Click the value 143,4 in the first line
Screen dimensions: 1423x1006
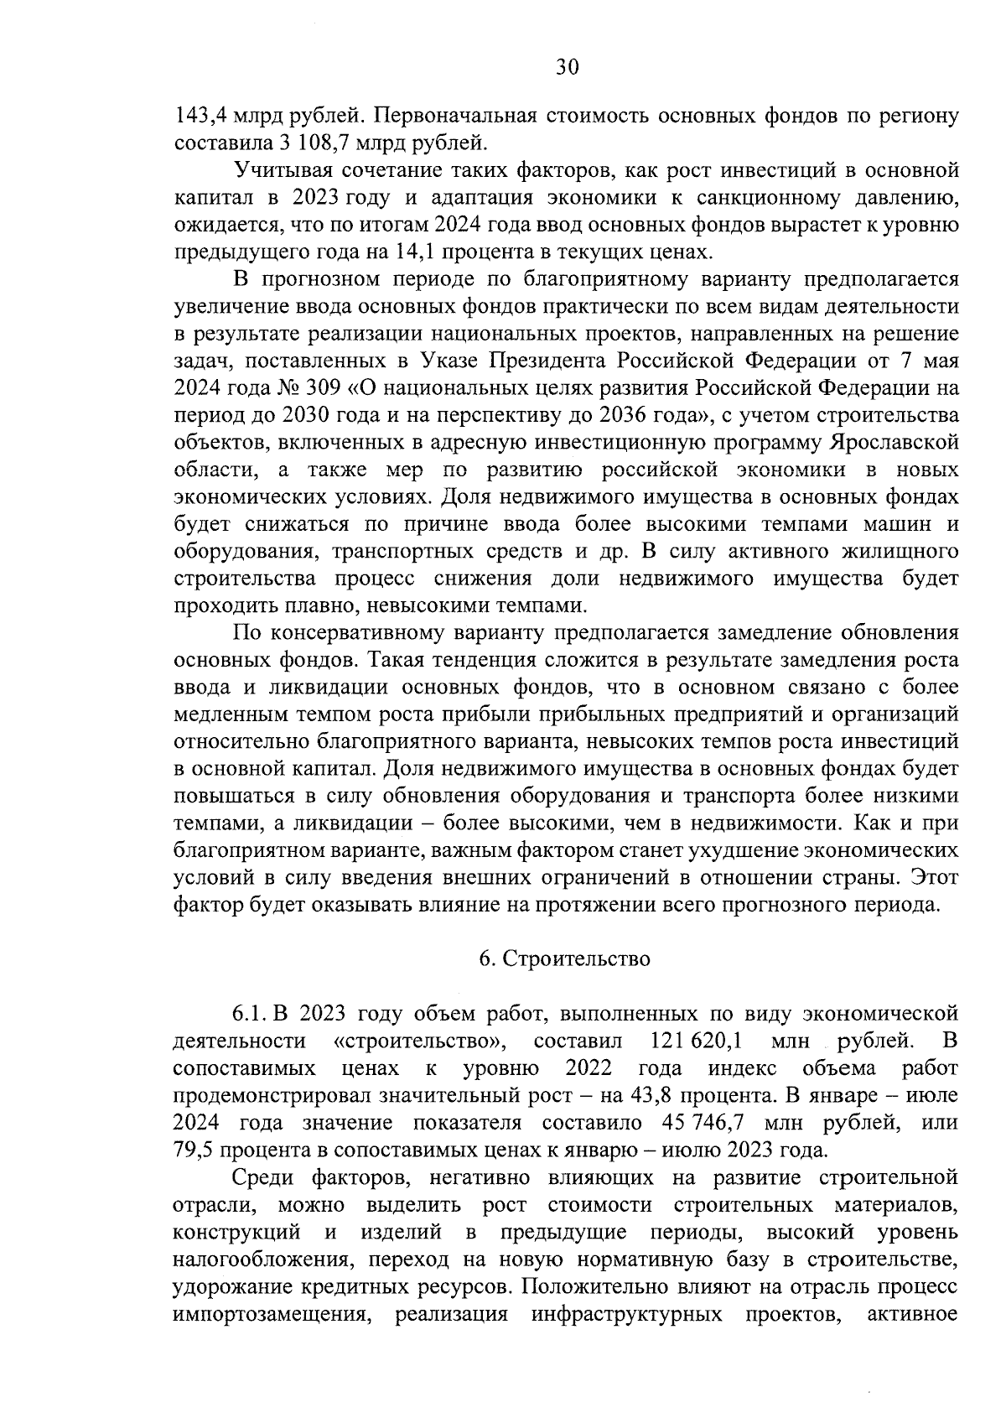tap(199, 117)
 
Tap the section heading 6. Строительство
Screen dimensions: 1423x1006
tap(565, 959)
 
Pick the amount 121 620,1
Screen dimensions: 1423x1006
tap(696, 1041)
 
